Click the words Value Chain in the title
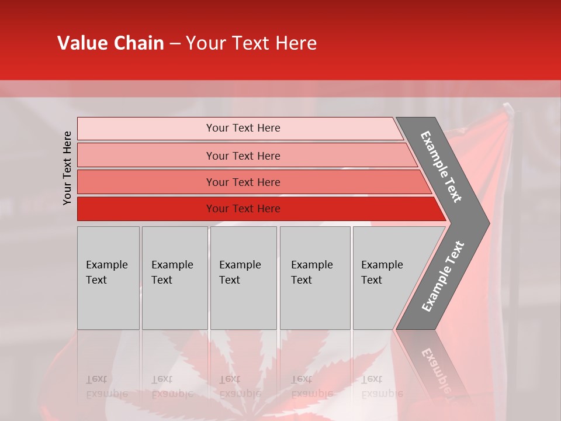pyautogui.click(x=110, y=43)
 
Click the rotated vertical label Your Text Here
pyautogui.click(x=67, y=168)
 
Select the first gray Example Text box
pyautogui.click(x=108, y=278)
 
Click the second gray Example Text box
pyautogui.click(x=175, y=278)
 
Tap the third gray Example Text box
pyautogui.click(x=243, y=278)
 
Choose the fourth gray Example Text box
pyautogui.click(x=315, y=278)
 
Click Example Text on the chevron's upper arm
pyautogui.click(x=441, y=167)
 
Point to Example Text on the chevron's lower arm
pyautogui.click(x=442, y=277)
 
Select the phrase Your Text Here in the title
pyautogui.click(x=251, y=43)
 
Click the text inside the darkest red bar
pyautogui.click(x=243, y=209)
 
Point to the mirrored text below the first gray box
pyautogui.click(x=106, y=387)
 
